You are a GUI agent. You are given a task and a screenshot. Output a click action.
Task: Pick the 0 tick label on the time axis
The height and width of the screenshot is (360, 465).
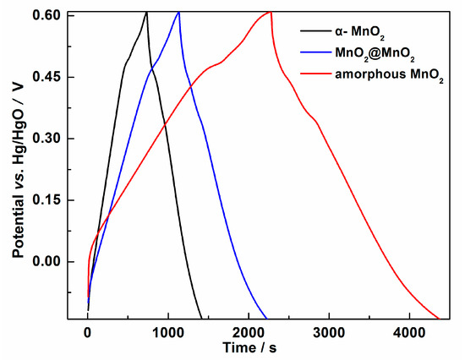pyautogui.click(x=88, y=332)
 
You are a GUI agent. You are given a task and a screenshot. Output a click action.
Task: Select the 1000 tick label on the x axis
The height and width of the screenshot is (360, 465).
pyautogui.click(x=167, y=332)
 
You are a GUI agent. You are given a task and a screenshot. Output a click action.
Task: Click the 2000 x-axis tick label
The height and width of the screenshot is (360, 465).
pyautogui.click(x=248, y=332)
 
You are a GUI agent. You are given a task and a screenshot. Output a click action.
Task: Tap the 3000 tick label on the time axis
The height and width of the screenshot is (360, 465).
pyautogui.click(x=328, y=332)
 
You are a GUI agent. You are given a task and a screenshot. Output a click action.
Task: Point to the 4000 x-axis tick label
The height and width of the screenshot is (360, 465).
pyautogui.click(x=408, y=332)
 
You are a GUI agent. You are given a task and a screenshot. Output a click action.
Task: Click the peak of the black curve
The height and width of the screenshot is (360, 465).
pyautogui.click(x=146, y=12)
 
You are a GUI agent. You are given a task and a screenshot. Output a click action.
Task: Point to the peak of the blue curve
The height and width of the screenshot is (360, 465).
pyautogui.click(x=178, y=12)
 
